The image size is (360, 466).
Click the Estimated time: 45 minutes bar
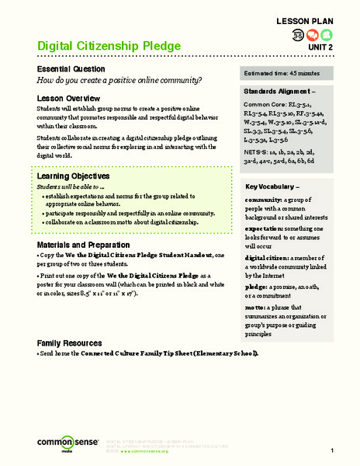click(289, 75)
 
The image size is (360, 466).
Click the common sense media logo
click(58, 444)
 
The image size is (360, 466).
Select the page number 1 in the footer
click(331, 451)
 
